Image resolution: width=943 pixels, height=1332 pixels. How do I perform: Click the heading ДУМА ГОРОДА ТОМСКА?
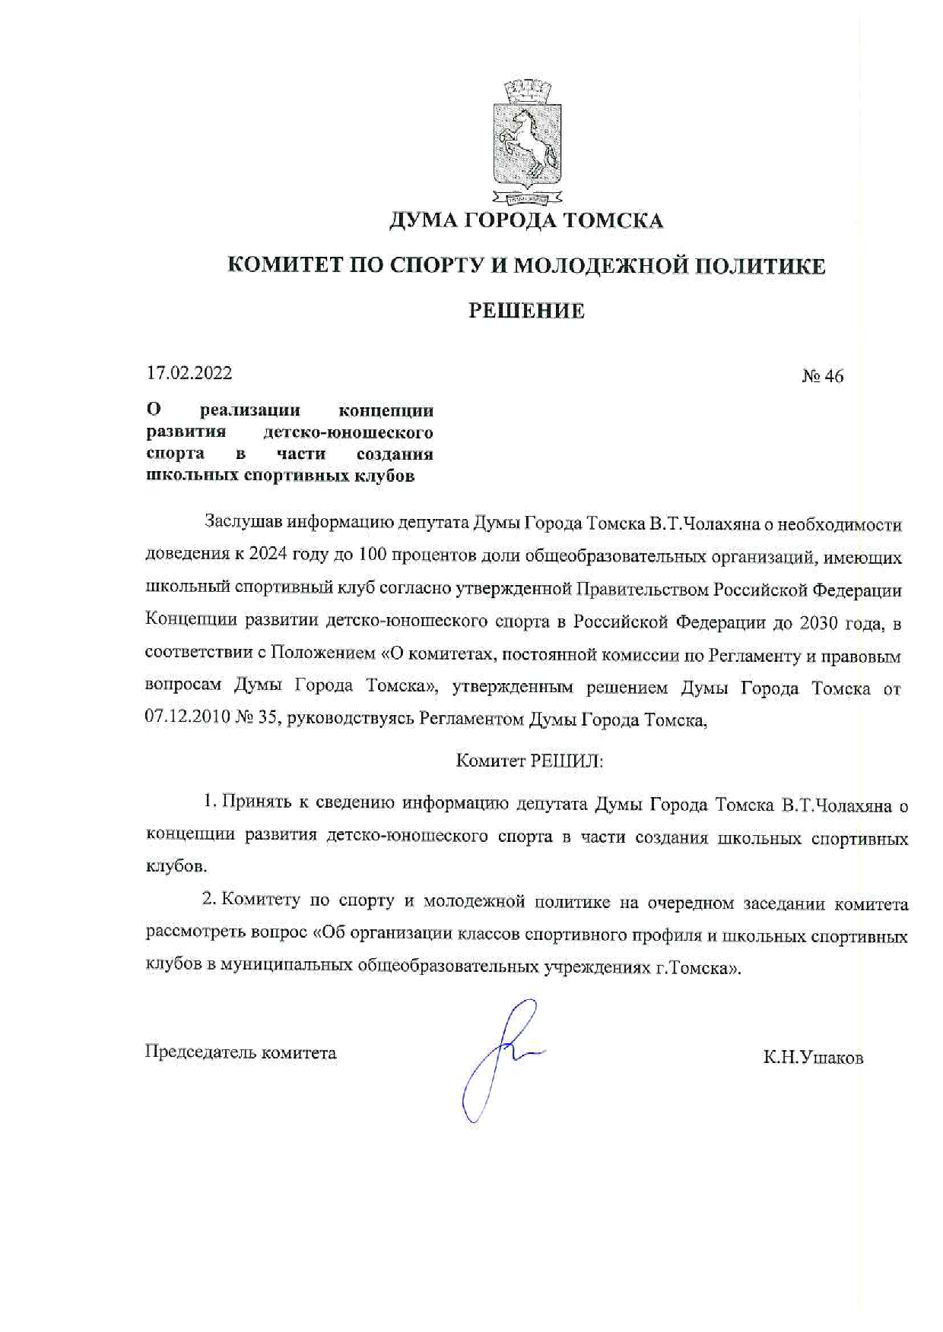pos(526,221)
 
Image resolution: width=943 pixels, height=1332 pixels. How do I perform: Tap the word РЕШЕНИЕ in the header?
pos(526,311)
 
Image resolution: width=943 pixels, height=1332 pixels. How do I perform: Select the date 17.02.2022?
pos(189,373)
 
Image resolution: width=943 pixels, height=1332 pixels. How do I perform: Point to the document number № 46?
pos(822,376)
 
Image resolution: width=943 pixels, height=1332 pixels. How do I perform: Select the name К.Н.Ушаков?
pos(813,1058)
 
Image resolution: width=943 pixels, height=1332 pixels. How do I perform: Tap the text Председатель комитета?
pos(240,1052)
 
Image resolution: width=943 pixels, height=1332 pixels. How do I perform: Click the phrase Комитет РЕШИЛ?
pos(529,761)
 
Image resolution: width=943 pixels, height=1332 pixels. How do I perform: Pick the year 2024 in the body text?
pos(268,554)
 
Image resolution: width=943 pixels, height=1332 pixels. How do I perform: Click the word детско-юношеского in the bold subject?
pos(348,432)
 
